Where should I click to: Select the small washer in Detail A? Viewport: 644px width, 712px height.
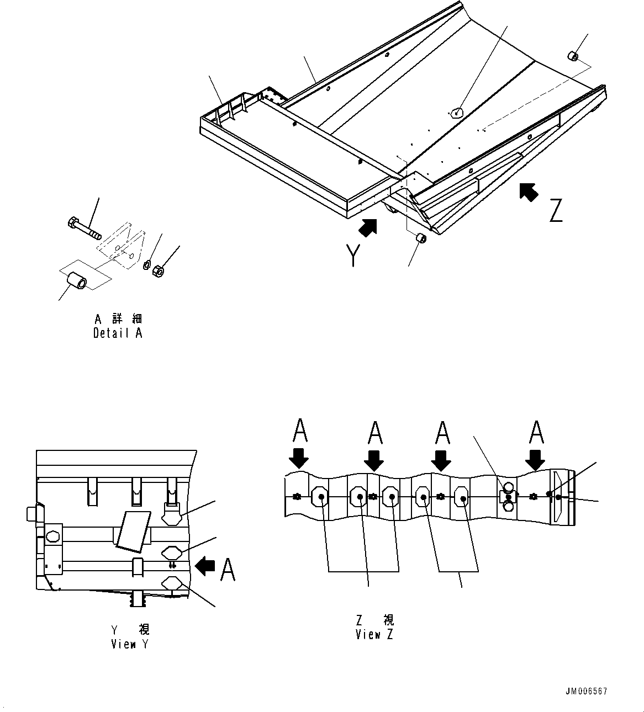coord(147,265)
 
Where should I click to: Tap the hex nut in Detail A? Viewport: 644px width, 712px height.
coord(157,271)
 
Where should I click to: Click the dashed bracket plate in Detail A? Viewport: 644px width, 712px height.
coord(122,246)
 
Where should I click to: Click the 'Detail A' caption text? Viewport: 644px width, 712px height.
coord(118,333)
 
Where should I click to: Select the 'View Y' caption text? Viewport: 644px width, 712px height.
coord(130,644)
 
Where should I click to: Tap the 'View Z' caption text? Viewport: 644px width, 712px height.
coord(374,634)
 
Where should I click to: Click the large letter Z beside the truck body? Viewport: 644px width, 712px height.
coord(555,210)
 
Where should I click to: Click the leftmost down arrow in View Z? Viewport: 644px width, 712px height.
coord(298,458)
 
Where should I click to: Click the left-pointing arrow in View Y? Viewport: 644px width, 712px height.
coord(205,566)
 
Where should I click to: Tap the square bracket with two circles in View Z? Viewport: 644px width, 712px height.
coord(508,497)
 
